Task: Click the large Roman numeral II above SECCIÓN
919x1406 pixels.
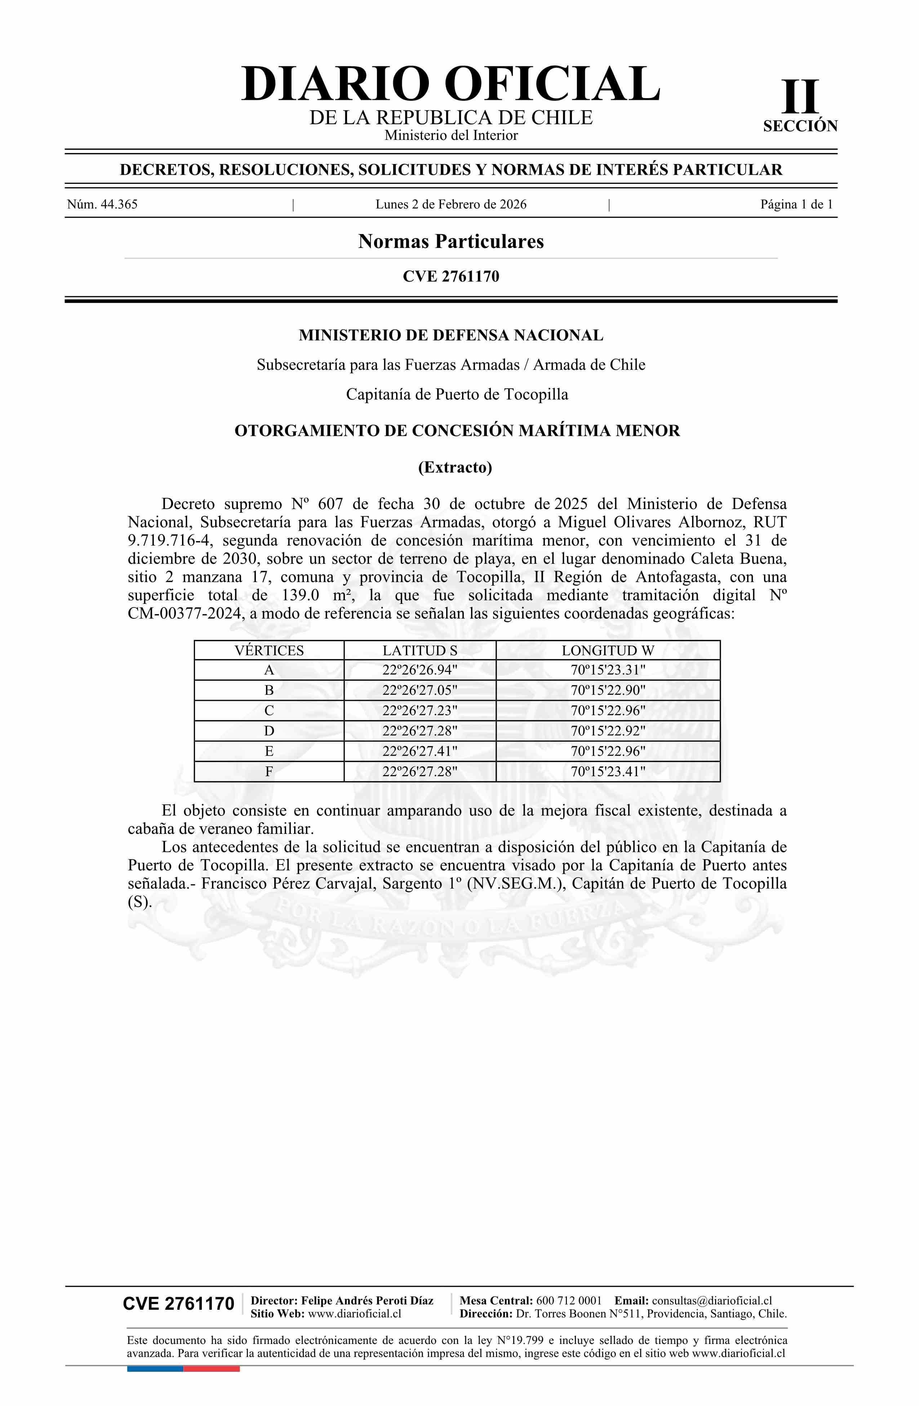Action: [800, 97]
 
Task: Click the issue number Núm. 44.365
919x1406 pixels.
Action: [102, 204]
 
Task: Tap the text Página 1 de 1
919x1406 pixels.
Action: [796, 204]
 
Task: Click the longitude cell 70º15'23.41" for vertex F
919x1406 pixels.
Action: [608, 771]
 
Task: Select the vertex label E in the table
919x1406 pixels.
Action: [269, 751]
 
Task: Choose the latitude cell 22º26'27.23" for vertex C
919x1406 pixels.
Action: [419, 710]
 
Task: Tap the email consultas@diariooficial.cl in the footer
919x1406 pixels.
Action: [712, 1300]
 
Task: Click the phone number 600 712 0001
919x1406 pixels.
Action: [568, 1300]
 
